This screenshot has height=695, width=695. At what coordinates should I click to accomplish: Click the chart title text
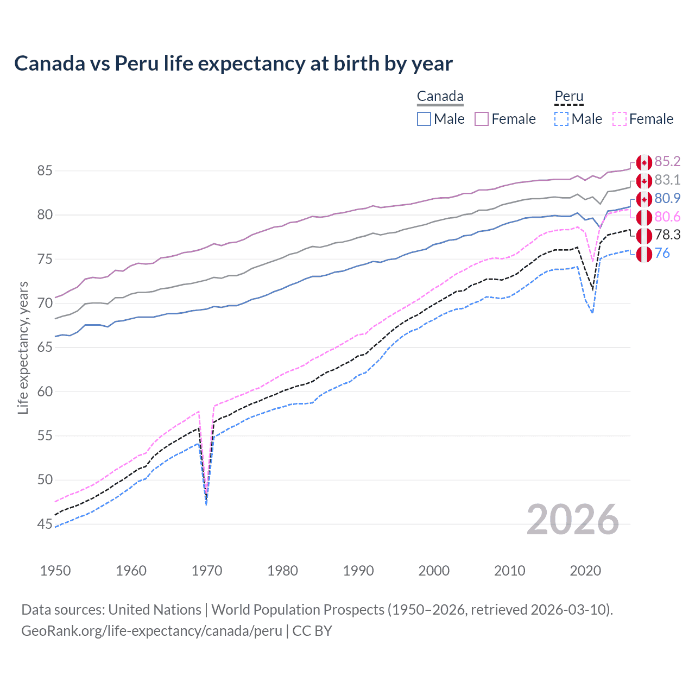233,64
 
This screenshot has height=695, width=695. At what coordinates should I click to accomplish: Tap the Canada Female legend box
482,119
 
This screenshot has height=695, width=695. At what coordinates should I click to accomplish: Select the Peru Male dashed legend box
561,119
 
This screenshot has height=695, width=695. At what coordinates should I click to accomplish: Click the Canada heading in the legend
440,97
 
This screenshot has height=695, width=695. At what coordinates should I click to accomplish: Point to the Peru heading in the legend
568,97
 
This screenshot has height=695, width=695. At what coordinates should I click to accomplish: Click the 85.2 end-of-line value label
667,161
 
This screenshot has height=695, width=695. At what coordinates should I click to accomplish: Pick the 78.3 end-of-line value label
667,235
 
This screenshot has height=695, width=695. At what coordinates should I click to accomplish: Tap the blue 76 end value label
662,253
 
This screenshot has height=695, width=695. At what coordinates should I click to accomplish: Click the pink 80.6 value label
667,217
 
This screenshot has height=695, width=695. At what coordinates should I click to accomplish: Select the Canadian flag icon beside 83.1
644,181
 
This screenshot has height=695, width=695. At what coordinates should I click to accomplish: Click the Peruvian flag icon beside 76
644,254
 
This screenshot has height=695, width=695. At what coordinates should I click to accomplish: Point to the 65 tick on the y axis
45,347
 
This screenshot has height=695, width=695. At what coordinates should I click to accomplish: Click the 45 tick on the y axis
45,524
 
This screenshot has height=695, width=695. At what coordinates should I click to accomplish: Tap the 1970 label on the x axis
207,571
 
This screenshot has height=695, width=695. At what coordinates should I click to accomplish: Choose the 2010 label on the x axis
509,571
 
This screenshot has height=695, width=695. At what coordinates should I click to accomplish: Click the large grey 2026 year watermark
572,520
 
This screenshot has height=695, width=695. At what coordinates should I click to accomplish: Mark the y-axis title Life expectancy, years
23,347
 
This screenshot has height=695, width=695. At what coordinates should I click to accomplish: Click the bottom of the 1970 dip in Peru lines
206,503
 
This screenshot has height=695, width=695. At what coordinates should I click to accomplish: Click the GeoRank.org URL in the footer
151,631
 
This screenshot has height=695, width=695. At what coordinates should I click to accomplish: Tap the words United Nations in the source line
155,610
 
